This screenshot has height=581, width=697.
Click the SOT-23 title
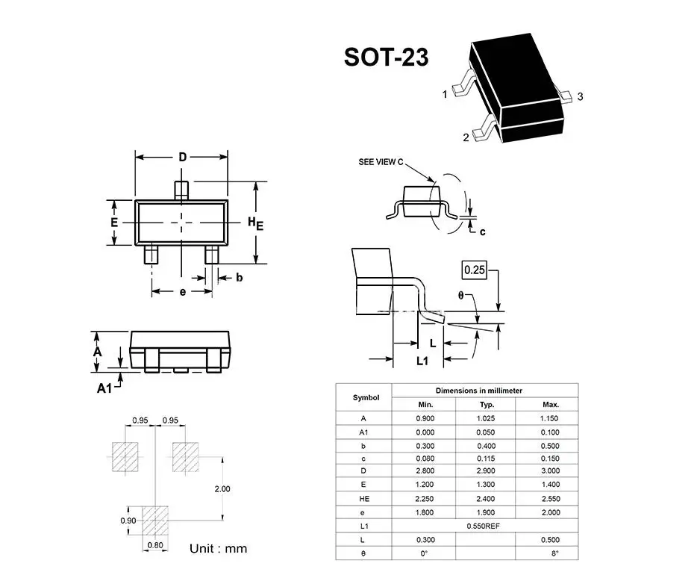coord(386,58)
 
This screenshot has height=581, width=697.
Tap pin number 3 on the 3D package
coord(580,96)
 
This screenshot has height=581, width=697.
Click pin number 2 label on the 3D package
coord(466,137)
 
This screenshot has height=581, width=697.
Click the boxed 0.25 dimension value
coord(475,269)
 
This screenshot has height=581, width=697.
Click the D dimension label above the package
coord(182,157)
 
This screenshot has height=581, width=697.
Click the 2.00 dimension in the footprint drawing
coord(222,488)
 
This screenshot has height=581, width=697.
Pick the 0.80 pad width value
coord(155,545)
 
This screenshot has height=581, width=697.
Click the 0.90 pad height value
coord(128,520)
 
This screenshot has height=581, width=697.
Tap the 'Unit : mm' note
coord(218,549)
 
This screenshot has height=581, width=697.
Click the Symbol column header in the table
coord(366,397)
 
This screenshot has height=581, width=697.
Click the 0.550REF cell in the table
coord(484,526)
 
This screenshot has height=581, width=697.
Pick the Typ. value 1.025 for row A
coord(486,418)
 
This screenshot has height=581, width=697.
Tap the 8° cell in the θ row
coord(554,553)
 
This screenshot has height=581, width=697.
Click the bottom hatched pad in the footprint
coord(155,518)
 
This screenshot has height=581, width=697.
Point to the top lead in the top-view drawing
coord(181,188)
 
